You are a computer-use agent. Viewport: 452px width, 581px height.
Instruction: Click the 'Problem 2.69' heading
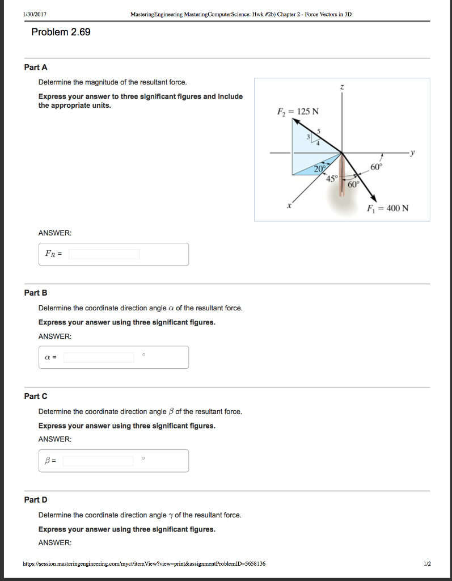click(x=61, y=32)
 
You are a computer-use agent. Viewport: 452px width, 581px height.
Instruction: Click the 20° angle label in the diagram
click(x=320, y=169)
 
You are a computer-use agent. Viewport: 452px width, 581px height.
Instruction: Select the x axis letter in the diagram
click(x=289, y=207)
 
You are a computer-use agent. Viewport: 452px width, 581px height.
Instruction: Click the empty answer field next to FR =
click(x=104, y=254)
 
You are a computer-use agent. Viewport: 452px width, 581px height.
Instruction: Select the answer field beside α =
click(x=99, y=357)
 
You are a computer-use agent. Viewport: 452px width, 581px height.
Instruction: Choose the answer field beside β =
click(x=98, y=461)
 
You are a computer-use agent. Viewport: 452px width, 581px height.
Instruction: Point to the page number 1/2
click(x=426, y=564)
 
